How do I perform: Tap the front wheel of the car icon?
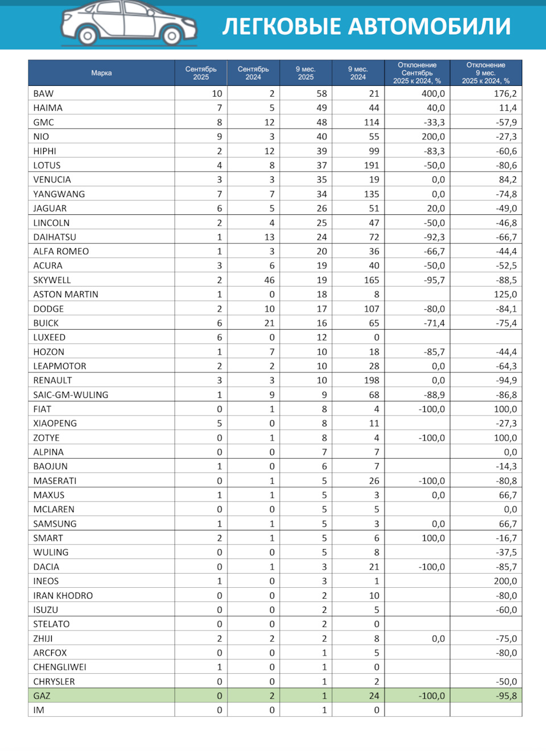171,36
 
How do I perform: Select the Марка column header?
101,73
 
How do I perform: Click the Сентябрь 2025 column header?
201,73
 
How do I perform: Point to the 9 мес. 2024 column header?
358,73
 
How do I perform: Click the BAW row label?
43,94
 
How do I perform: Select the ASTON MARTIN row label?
65,294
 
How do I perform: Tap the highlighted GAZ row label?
42,696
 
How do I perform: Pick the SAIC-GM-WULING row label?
71,395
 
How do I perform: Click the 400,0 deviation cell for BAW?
433,94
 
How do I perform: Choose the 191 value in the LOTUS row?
371,165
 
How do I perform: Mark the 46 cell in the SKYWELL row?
269,280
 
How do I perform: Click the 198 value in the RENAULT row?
371,380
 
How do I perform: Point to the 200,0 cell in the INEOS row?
505,581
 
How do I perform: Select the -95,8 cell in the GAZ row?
505,696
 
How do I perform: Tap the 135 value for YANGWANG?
371,194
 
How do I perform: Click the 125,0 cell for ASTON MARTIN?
505,294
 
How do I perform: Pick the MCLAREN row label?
53,509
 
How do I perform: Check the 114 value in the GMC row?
371,122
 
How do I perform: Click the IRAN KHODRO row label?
63,595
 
